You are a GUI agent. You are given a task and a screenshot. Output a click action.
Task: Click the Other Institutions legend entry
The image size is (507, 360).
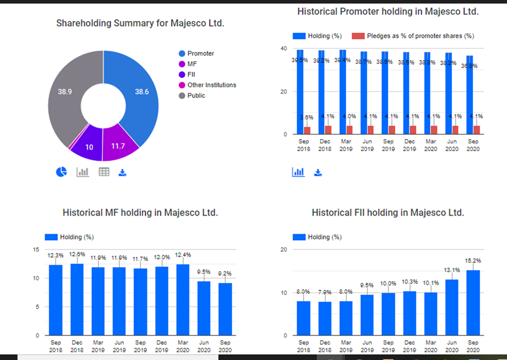pyautogui.click(x=208, y=85)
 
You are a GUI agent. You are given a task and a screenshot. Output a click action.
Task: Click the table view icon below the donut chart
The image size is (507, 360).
pyautogui.click(x=104, y=172)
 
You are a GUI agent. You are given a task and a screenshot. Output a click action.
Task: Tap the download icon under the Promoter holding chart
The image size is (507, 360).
pyautogui.click(x=318, y=172)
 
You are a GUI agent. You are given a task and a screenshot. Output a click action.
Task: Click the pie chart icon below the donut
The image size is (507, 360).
pyautogui.click(x=61, y=172)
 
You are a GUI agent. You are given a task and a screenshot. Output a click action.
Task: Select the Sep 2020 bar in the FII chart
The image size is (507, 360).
pyautogui.click(x=472, y=302)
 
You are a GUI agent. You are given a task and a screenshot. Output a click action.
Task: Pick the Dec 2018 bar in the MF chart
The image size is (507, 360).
pyautogui.click(x=77, y=299)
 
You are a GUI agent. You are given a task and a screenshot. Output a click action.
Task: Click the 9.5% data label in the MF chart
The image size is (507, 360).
pyautogui.click(x=204, y=272)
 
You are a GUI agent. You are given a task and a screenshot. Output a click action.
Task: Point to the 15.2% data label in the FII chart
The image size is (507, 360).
pyautogui.click(x=472, y=261)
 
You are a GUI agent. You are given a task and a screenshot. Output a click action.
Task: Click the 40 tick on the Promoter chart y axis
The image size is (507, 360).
pyautogui.click(x=284, y=49)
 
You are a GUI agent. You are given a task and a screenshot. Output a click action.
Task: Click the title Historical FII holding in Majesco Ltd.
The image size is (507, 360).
pyautogui.click(x=388, y=213)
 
